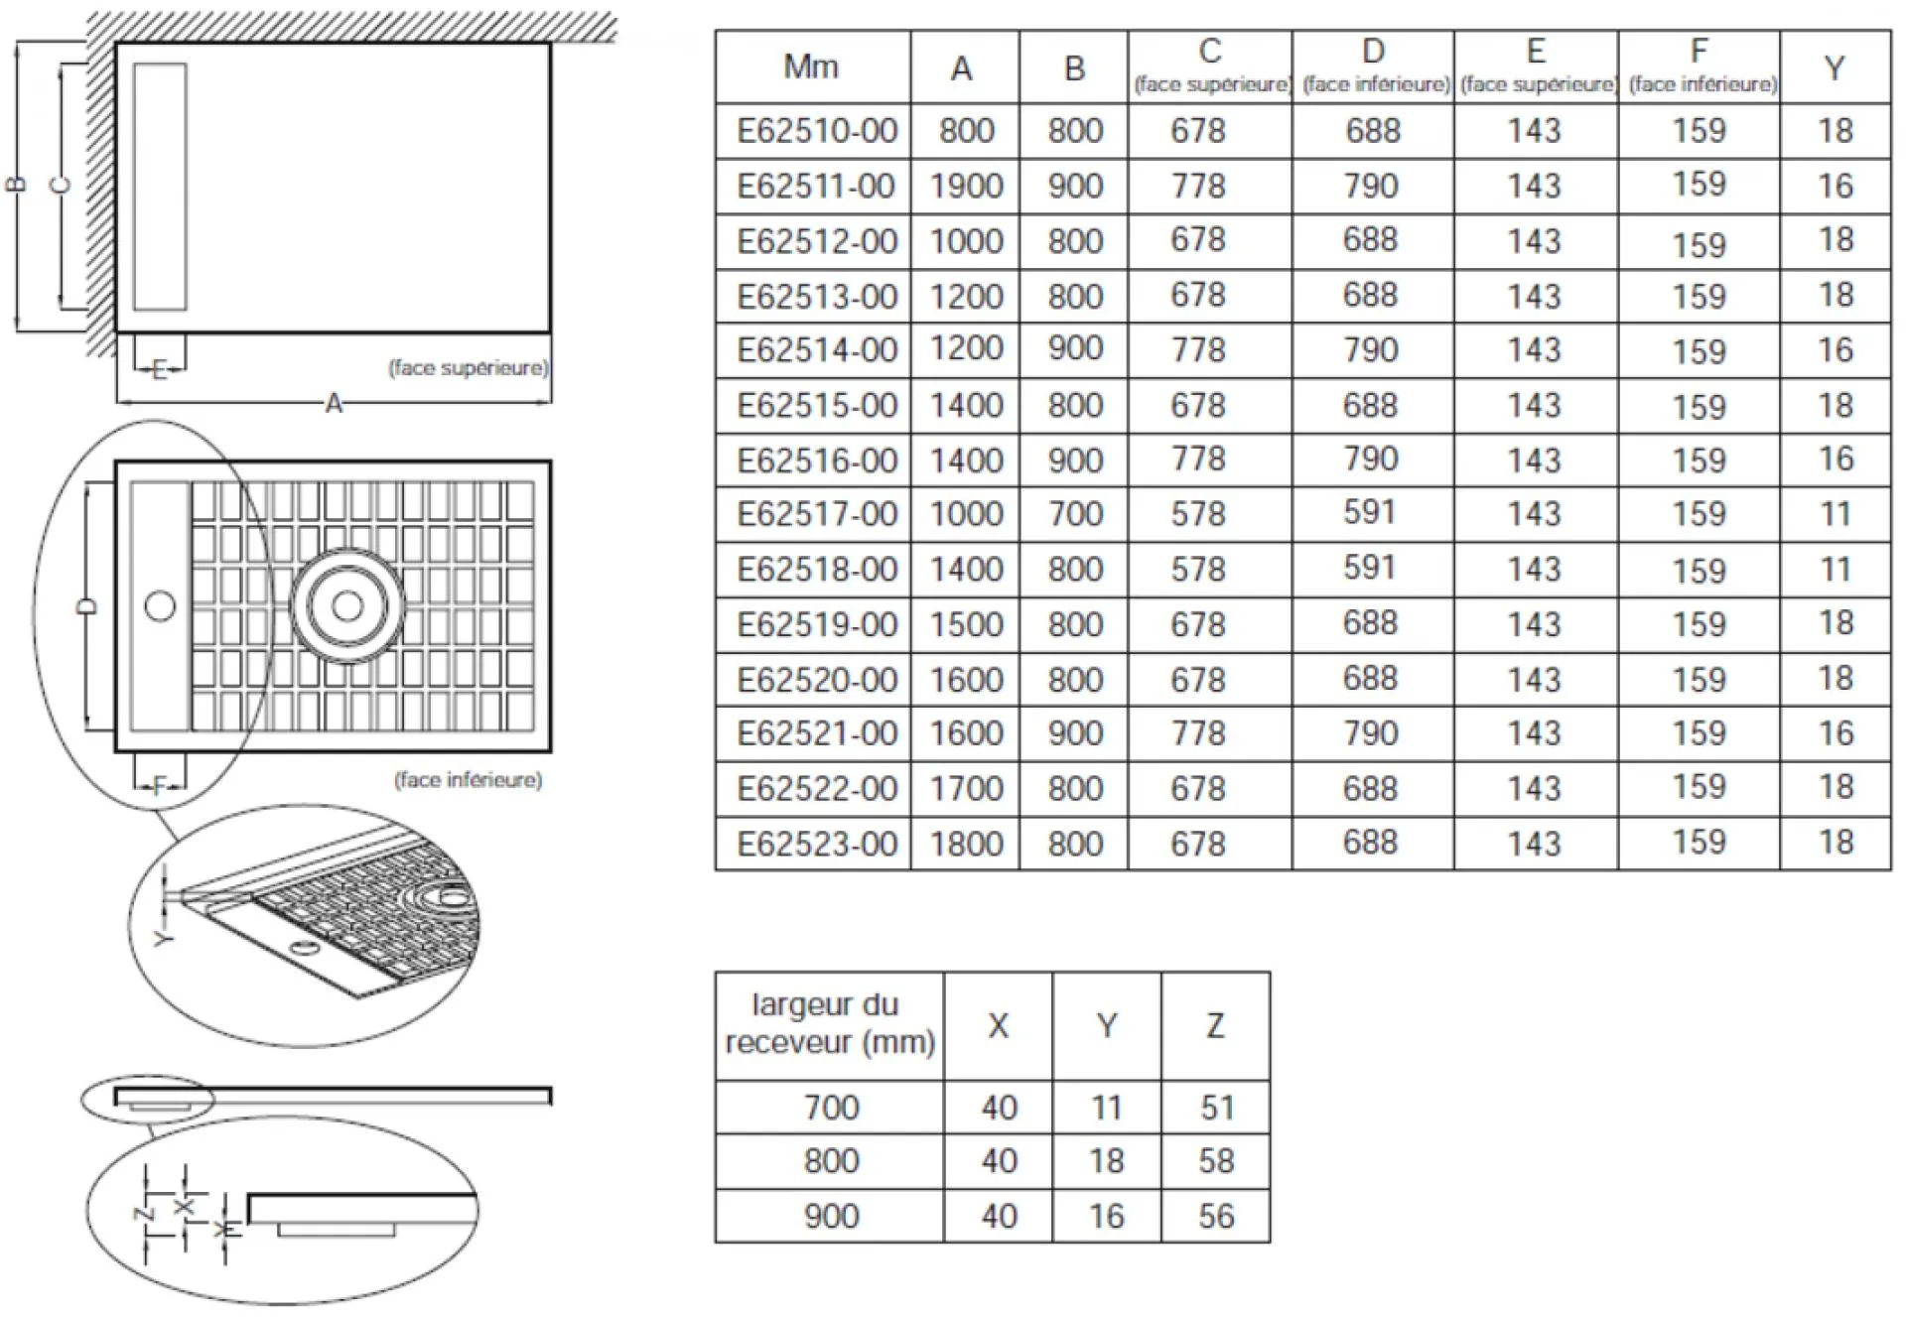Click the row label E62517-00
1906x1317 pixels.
click(816, 514)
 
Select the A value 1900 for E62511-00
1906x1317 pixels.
click(966, 186)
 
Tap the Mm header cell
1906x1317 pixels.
click(811, 66)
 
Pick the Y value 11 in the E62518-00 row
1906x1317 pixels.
click(1835, 569)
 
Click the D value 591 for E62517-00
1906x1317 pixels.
click(1371, 512)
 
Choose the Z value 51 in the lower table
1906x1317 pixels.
click(1216, 1107)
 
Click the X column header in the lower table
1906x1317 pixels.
click(998, 1025)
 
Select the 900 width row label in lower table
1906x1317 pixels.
click(831, 1216)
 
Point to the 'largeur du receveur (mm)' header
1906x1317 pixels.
click(829, 1023)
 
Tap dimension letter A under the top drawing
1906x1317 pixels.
click(334, 404)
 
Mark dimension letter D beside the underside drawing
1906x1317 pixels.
click(87, 606)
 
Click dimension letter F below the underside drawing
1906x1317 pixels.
click(159, 787)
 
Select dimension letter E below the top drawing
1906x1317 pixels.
click(159, 370)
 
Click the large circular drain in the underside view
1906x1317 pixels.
click(346, 605)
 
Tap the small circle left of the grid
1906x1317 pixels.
click(160, 605)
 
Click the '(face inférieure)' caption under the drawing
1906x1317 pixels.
click(469, 780)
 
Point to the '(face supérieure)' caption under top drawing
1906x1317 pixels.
click(468, 368)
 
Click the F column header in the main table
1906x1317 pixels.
click(1700, 66)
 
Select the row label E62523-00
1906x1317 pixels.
click(816, 844)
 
